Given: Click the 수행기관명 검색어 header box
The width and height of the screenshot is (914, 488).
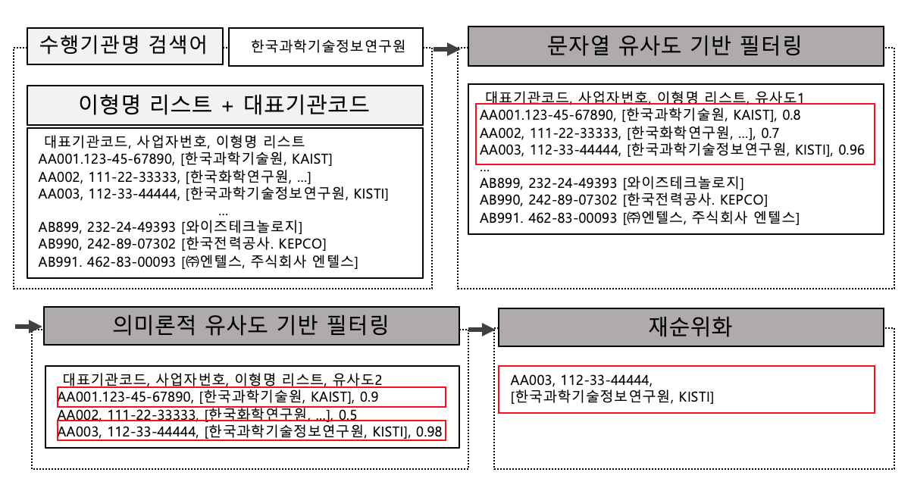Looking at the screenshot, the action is (125, 46).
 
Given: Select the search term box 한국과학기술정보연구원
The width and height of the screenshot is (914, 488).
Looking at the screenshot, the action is (326, 47).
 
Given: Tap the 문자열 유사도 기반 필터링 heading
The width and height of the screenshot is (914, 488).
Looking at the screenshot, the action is (676, 46).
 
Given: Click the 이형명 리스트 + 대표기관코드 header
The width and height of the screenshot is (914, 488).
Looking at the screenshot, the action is (225, 105).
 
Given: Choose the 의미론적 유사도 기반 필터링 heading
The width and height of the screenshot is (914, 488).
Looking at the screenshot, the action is (252, 326).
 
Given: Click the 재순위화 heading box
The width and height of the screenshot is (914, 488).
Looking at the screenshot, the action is (690, 327).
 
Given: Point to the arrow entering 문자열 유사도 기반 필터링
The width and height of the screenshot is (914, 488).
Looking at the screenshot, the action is (446, 49).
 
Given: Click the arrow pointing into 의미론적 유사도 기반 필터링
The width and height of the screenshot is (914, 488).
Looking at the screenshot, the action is (29, 326).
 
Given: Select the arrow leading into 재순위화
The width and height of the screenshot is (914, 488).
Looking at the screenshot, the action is (481, 330).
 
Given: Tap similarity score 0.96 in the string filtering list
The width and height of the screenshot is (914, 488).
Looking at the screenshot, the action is (851, 150).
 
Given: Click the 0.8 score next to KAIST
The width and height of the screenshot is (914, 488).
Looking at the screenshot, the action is (791, 115).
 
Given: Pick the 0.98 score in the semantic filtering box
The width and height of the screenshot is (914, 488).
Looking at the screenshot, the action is (429, 432).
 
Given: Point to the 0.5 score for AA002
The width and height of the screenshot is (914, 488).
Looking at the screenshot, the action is (348, 415).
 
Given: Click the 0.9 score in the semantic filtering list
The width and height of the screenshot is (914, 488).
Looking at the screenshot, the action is (369, 396).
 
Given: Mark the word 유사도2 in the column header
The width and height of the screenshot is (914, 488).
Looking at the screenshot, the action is (357, 380).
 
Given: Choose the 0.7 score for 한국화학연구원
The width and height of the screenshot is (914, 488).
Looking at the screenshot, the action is (770, 133).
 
